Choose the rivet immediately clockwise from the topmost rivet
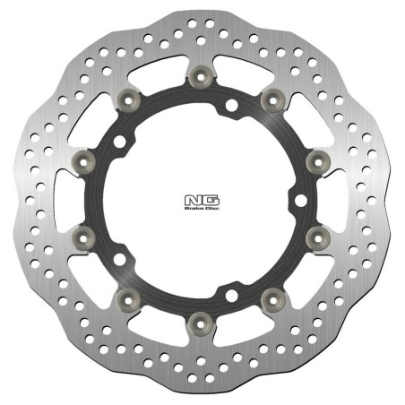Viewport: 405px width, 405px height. point(266,100)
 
